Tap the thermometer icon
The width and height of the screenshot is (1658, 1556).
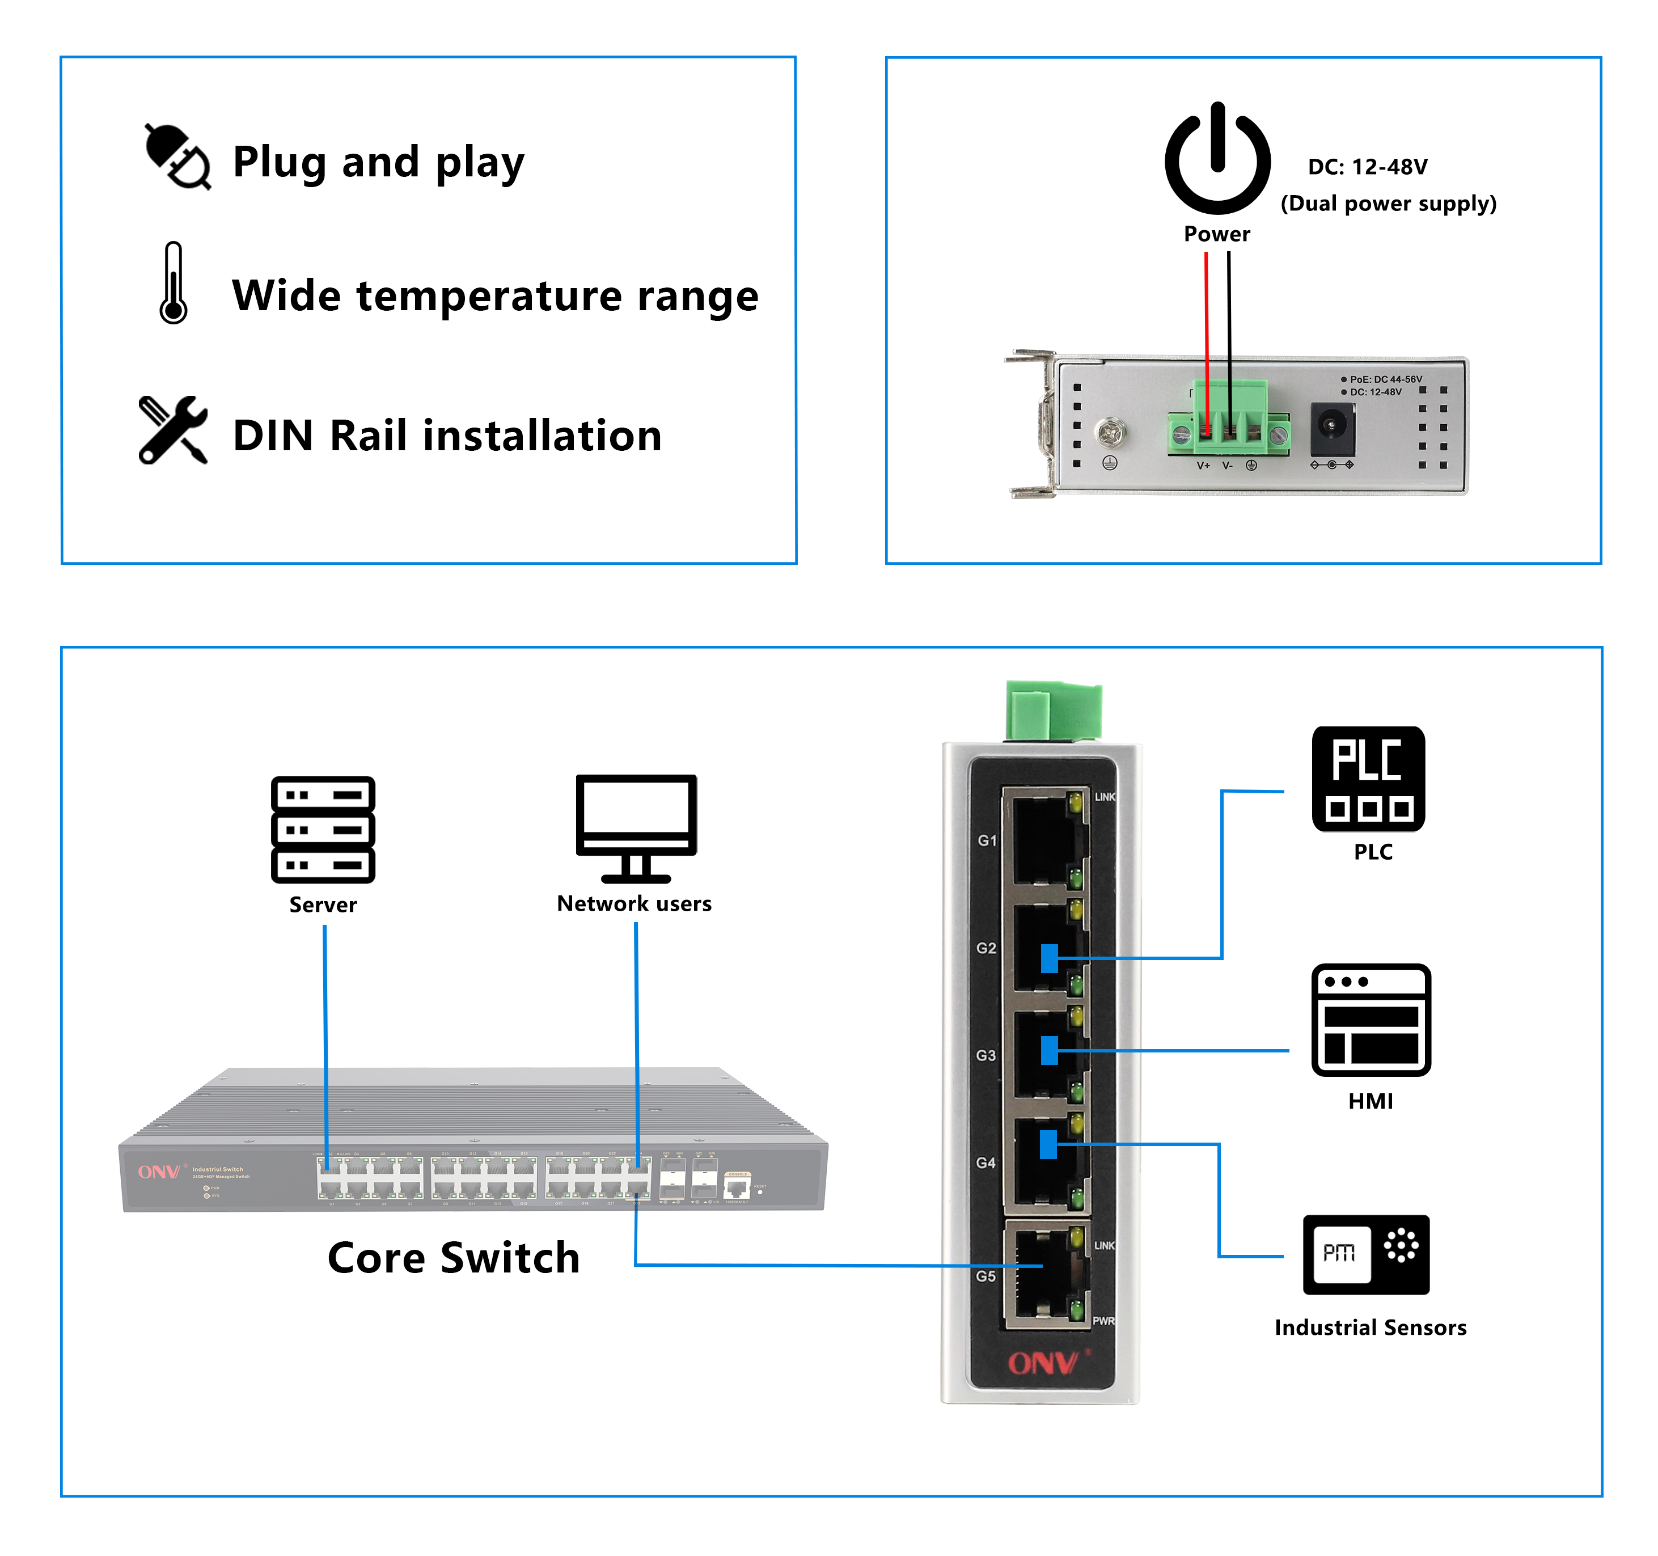[x=172, y=284]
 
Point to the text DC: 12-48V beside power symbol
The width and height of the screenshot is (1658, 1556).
[x=1367, y=167]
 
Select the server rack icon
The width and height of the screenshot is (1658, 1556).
[x=323, y=829]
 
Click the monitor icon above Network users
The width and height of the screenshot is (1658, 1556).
[x=636, y=826]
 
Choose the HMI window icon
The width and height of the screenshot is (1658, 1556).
[x=1371, y=1020]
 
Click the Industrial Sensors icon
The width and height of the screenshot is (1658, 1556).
[x=1366, y=1254]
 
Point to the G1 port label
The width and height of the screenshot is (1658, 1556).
[x=987, y=840]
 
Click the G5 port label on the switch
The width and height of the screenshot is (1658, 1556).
[x=986, y=1276]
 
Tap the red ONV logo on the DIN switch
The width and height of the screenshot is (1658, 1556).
[x=1043, y=1363]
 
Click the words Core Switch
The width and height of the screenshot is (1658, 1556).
[x=453, y=1258]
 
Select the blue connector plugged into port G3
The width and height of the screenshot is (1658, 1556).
[x=1049, y=1051]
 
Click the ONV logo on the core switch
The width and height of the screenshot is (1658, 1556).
[x=158, y=1173]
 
